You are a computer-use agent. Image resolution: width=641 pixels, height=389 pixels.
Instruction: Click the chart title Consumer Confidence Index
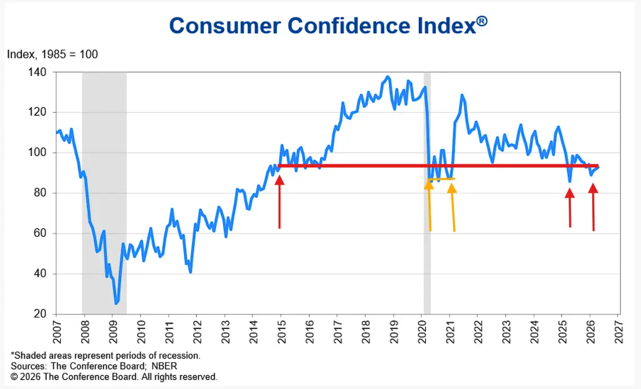322,26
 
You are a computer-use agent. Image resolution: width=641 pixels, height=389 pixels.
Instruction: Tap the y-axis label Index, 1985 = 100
52,54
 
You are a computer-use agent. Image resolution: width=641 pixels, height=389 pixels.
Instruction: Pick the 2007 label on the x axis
56,331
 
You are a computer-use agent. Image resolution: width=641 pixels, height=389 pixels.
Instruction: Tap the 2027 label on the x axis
619,331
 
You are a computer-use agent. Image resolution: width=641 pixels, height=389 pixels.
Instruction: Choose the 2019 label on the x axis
394,331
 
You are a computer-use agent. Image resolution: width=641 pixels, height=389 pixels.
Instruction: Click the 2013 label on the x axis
225,331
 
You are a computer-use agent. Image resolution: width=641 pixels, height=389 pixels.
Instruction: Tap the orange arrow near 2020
430,205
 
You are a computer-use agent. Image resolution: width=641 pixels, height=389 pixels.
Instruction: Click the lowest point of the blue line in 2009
116,303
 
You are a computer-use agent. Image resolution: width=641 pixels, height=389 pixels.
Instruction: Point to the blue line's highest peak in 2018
388,77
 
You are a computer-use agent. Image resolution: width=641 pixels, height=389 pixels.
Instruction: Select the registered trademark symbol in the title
482,20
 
